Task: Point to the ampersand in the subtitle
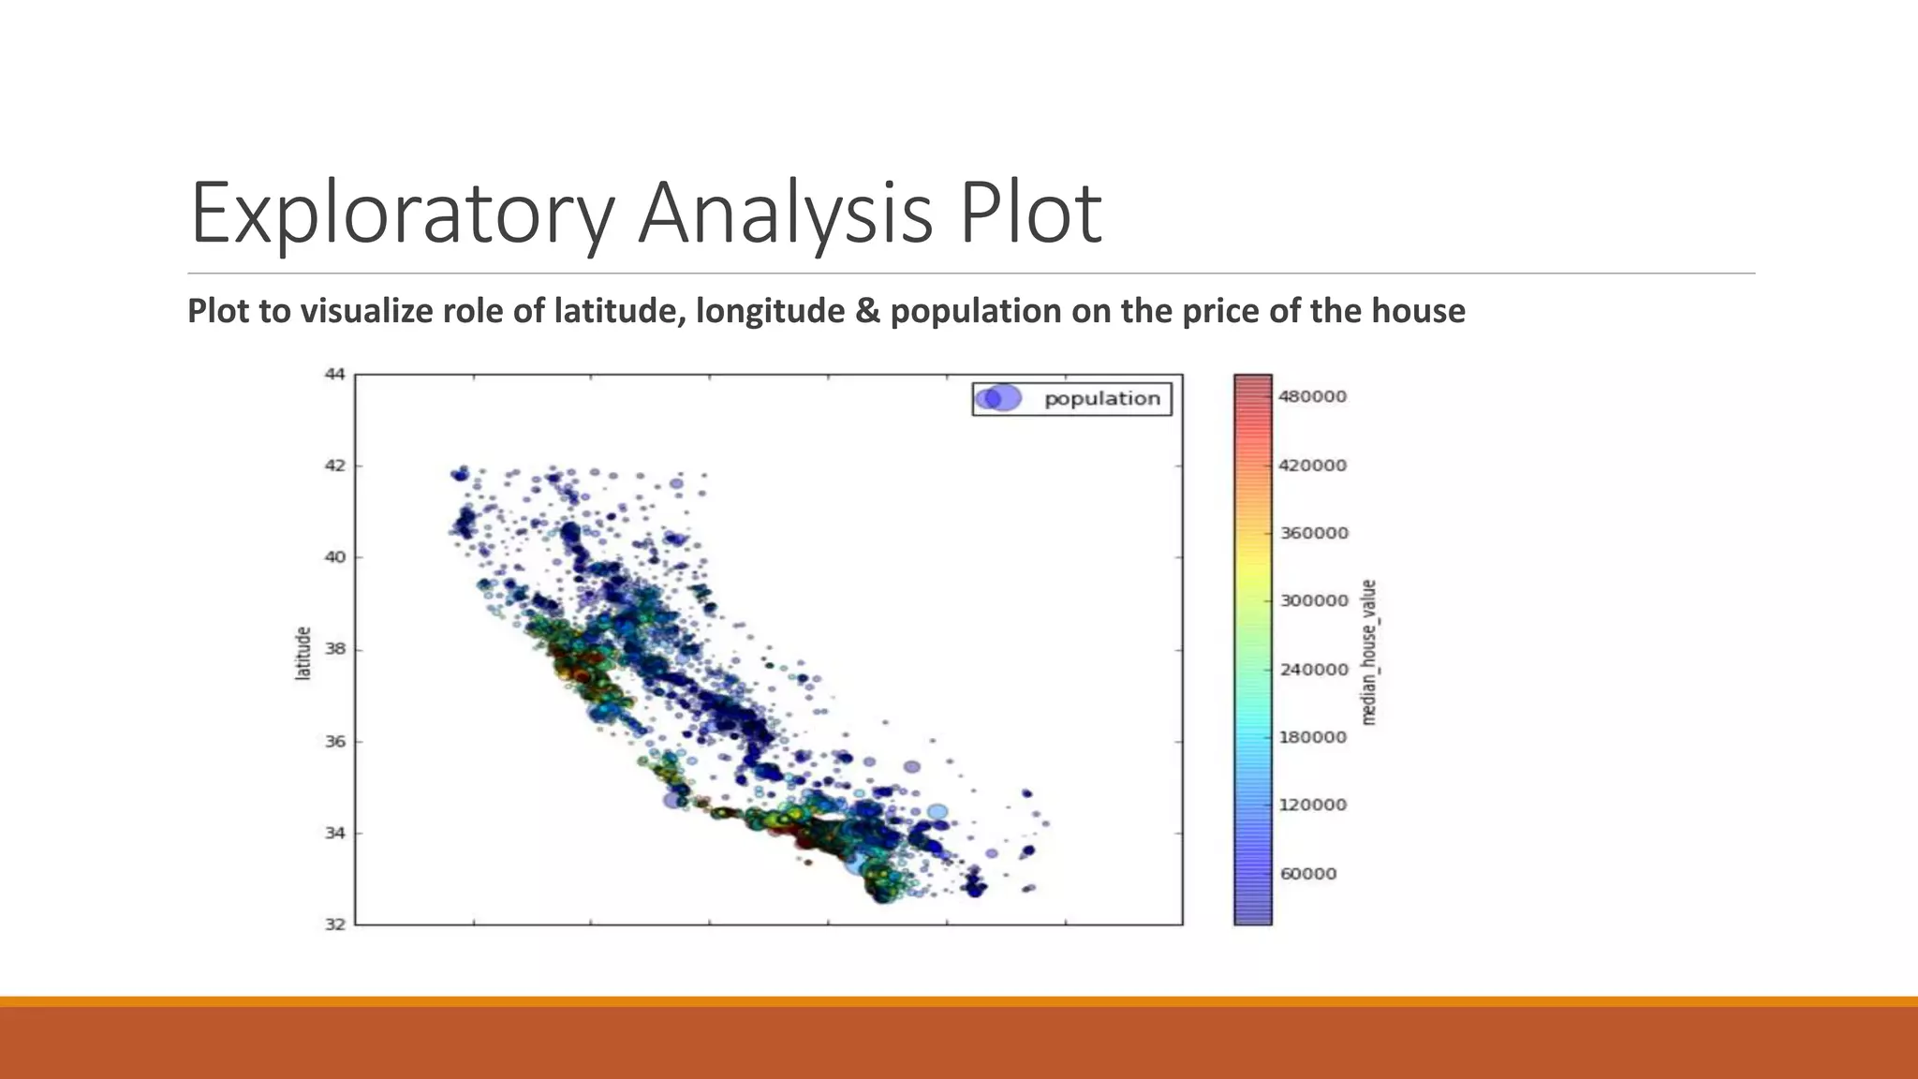pos(867,311)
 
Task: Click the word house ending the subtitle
pos(1418,311)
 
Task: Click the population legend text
pos(1101,399)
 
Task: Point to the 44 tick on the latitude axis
pos(334,375)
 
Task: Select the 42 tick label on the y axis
pos(334,466)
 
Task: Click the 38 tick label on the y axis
pos(334,649)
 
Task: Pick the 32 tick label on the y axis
pos(334,924)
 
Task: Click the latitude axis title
pos(302,653)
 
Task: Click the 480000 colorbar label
pos(1312,397)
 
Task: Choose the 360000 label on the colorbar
pos(1313,533)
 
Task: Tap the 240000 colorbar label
pos(1313,670)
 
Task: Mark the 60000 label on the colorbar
pos(1308,874)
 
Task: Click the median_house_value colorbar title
pos(1369,652)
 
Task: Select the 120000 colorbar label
pos(1312,806)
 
